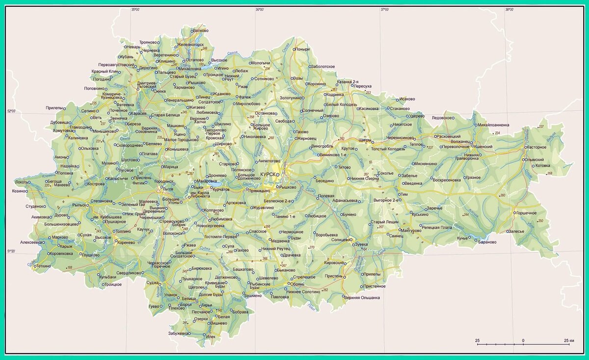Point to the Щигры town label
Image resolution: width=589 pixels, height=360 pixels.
tap(365, 140)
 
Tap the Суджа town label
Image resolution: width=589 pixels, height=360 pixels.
tap(153, 283)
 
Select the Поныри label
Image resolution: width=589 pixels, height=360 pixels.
tap(303, 49)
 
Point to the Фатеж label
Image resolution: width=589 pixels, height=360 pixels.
tap(230, 97)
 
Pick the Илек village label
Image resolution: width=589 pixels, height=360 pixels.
tap(211, 337)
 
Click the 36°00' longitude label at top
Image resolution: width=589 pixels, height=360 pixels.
tap(260, 9)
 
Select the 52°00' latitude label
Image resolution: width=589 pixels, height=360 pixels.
tap(11, 112)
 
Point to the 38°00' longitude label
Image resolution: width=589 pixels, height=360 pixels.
tap(510, 9)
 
